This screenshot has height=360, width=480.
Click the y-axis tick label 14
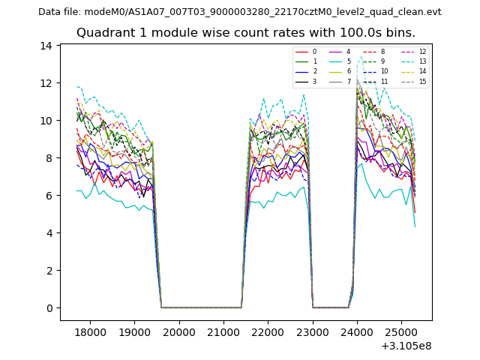click(46, 46)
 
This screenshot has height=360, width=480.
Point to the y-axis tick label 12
click(46, 83)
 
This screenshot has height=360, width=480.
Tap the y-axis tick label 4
click(49, 233)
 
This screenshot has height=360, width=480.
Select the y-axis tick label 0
click(49, 308)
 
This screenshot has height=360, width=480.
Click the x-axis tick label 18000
click(91, 331)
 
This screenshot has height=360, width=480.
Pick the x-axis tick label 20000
click(179, 331)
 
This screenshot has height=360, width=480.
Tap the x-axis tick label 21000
click(223, 331)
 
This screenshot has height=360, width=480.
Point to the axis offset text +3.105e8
click(406, 346)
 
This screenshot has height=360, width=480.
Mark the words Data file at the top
click(60, 12)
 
